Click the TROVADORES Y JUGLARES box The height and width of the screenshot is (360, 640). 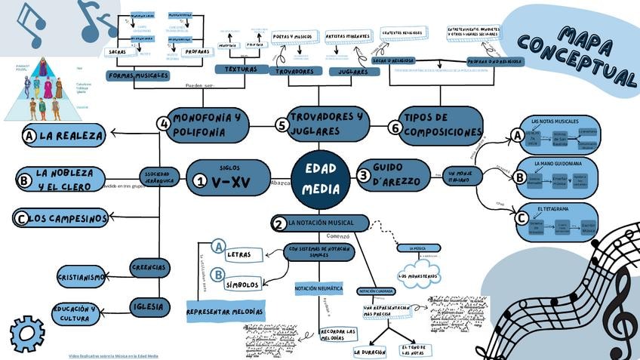pyautogui.click(x=326, y=125)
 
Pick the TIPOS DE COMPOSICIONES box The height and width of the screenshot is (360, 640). pyautogui.click(x=441, y=125)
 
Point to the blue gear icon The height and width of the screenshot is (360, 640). pyautogui.click(x=26, y=334)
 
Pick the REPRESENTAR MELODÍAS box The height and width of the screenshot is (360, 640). pyautogui.click(x=225, y=311)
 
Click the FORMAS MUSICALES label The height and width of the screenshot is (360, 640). pyautogui.click(x=137, y=76)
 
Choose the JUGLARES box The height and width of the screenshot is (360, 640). pyautogui.click(x=354, y=72)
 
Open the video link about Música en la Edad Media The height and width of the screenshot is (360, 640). pyautogui.click(x=113, y=355)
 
